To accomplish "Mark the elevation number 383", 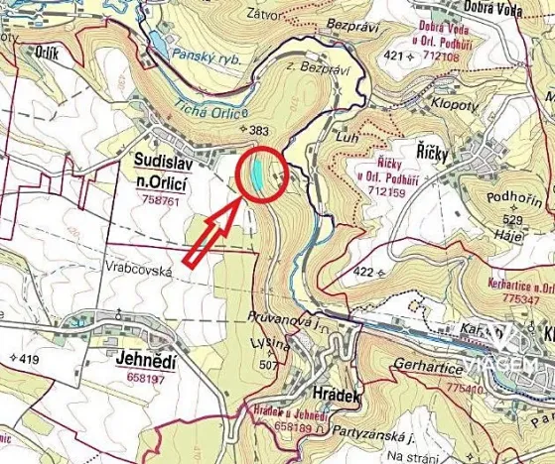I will (260, 130).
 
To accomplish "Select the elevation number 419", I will (27, 358).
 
